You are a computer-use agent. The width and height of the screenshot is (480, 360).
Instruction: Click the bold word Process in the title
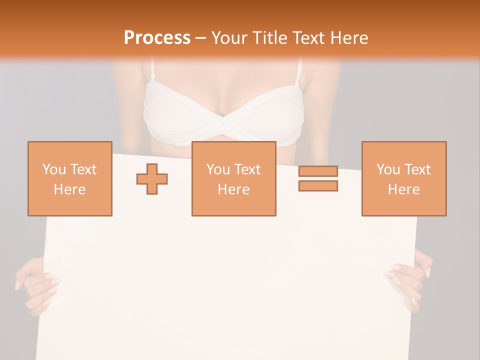click(157, 38)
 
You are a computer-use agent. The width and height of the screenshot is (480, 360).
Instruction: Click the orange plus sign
click(152, 179)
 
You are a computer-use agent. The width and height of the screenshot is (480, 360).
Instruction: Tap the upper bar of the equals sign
click(318, 171)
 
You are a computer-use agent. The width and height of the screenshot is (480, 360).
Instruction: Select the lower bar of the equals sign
click(318, 185)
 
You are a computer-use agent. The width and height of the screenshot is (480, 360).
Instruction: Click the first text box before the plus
click(69, 178)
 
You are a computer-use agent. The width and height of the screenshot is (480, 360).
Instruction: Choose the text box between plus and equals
click(233, 178)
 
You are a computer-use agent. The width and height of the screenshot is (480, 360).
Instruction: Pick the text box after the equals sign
click(403, 178)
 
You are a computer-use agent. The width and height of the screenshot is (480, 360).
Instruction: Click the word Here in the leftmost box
click(69, 189)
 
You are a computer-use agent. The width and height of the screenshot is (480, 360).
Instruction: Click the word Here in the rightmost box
click(403, 189)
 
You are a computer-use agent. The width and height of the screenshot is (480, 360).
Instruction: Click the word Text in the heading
click(307, 38)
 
